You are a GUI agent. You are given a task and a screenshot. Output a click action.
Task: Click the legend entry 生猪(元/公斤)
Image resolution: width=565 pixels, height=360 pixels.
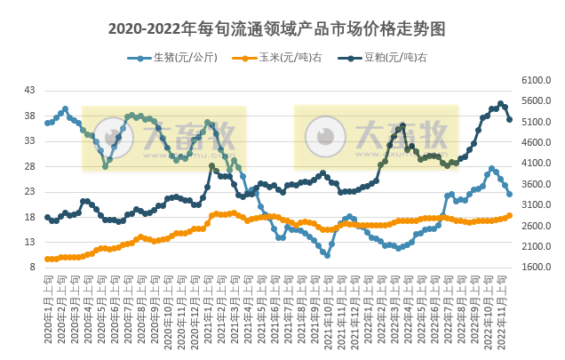pos(176,59)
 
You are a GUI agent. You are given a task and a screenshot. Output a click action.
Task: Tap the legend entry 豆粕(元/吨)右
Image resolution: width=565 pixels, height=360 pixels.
pos(387,59)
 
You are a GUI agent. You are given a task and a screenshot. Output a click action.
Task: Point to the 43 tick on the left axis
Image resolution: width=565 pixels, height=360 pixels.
pos(29,90)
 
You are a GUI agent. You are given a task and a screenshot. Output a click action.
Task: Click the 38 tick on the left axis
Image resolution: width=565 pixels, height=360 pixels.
pos(29,116)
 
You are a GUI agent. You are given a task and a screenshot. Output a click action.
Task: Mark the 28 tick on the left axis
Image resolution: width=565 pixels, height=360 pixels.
pos(29,166)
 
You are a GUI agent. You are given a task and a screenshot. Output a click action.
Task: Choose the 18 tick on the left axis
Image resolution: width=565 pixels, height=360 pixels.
pos(29,217)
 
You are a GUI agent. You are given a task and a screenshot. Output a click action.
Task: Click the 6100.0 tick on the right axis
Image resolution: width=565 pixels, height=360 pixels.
pos(537,80)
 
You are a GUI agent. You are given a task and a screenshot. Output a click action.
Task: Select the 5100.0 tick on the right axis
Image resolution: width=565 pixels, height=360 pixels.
pos(537,122)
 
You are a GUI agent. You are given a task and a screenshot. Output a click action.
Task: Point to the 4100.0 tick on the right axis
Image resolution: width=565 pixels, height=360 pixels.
pos(537,163)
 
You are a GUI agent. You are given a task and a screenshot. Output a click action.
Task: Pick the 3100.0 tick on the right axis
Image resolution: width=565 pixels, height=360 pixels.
pos(537,204)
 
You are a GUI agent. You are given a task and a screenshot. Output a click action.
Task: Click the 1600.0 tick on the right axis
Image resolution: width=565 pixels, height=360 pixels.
pos(537,268)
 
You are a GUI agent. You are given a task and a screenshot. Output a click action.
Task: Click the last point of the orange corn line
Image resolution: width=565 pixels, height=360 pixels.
pos(509,216)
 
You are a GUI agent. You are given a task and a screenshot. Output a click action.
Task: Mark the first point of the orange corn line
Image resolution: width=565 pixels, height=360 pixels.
pos(47,259)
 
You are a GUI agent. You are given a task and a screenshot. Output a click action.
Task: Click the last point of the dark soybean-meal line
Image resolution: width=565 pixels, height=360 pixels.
pos(509,120)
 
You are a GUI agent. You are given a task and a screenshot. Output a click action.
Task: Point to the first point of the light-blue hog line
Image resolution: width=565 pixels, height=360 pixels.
pos(47,123)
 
